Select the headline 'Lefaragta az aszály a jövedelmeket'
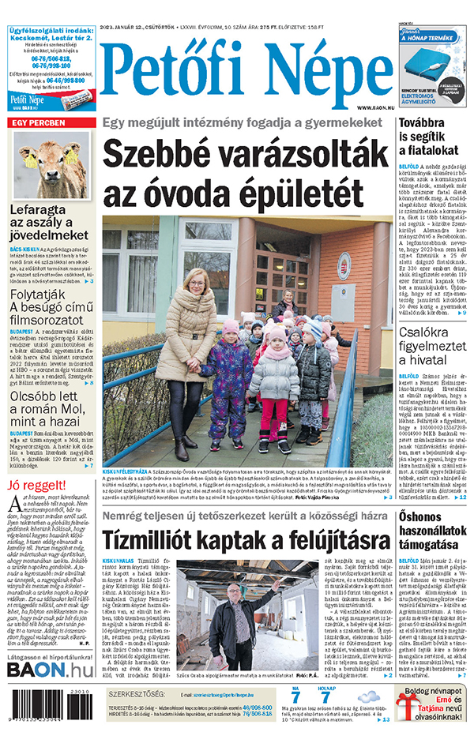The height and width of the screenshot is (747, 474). (49, 223)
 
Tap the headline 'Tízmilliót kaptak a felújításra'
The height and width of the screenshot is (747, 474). (246, 541)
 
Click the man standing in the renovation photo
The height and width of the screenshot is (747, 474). (235, 616)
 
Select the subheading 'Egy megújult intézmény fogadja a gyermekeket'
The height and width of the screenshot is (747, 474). (246, 122)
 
